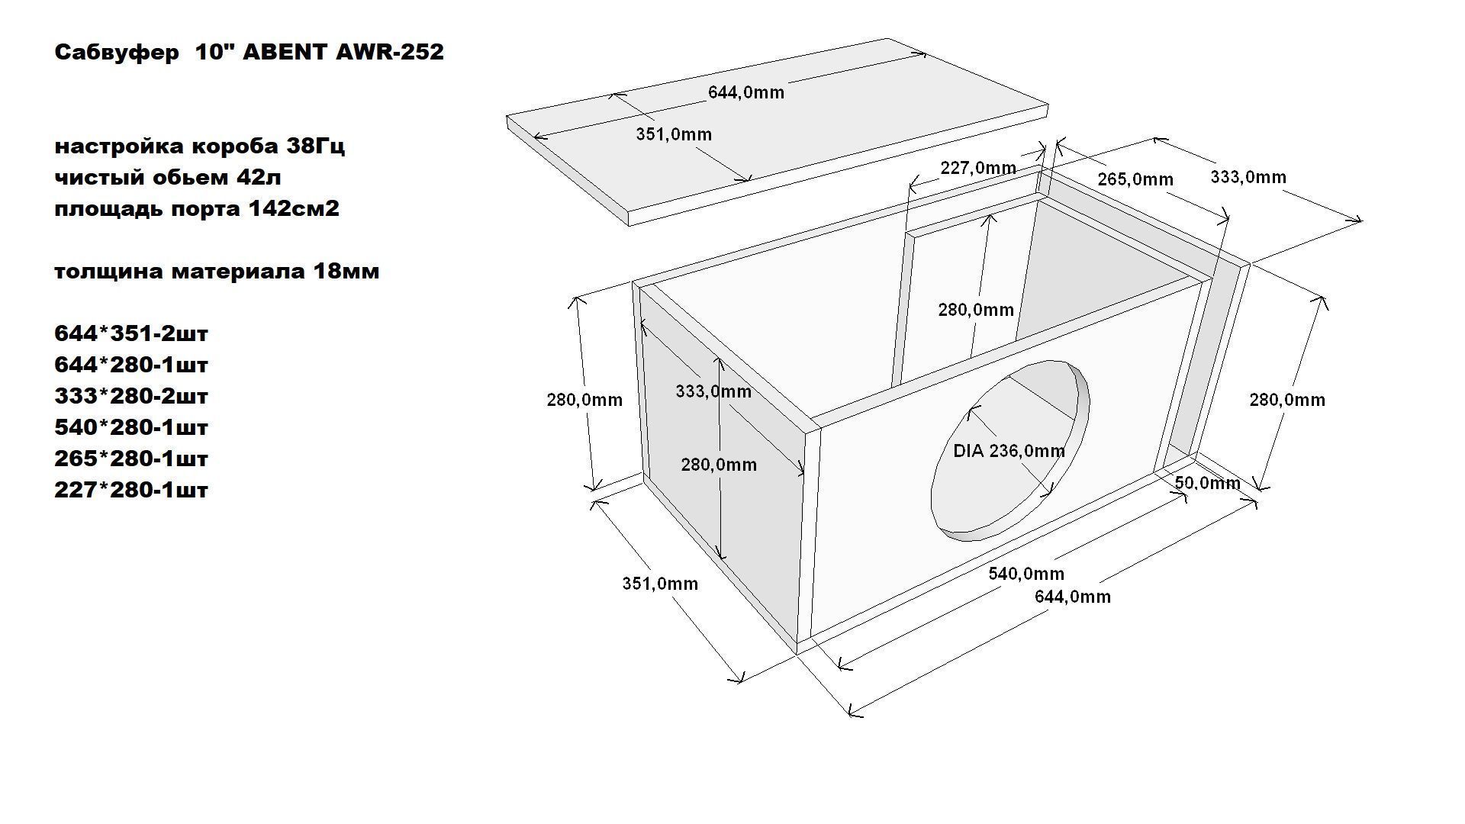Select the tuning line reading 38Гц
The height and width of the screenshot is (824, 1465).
[x=199, y=146]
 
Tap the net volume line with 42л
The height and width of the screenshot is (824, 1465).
[x=168, y=177]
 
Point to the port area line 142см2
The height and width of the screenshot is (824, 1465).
[x=197, y=208]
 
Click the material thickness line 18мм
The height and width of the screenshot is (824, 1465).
[x=217, y=271]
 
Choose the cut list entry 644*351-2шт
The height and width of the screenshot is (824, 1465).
[x=131, y=333]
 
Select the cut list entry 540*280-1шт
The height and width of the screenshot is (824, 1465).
[x=131, y=427]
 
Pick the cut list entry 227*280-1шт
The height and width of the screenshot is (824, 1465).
[x=131, y=490]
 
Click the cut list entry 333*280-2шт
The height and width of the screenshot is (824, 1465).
[x=131, y=396]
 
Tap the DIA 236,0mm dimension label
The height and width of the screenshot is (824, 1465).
[x=1009, y=451]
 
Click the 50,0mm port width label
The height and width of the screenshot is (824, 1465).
[x=1207, y=483]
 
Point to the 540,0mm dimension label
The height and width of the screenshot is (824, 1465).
[x=1026, y=574]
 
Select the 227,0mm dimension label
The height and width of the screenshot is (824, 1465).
[x=978, y=168]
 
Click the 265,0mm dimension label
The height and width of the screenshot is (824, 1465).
[x=1135, y=179]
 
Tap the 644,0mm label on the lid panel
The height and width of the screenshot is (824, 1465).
[x=746, y=92]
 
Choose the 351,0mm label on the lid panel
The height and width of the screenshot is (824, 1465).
[x=674, y=134]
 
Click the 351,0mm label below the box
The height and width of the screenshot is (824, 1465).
[x=660, y=584]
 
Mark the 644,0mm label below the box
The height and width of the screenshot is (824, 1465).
[x=1073, y=597]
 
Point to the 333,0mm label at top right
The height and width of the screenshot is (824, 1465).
[x=1248, y=177]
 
